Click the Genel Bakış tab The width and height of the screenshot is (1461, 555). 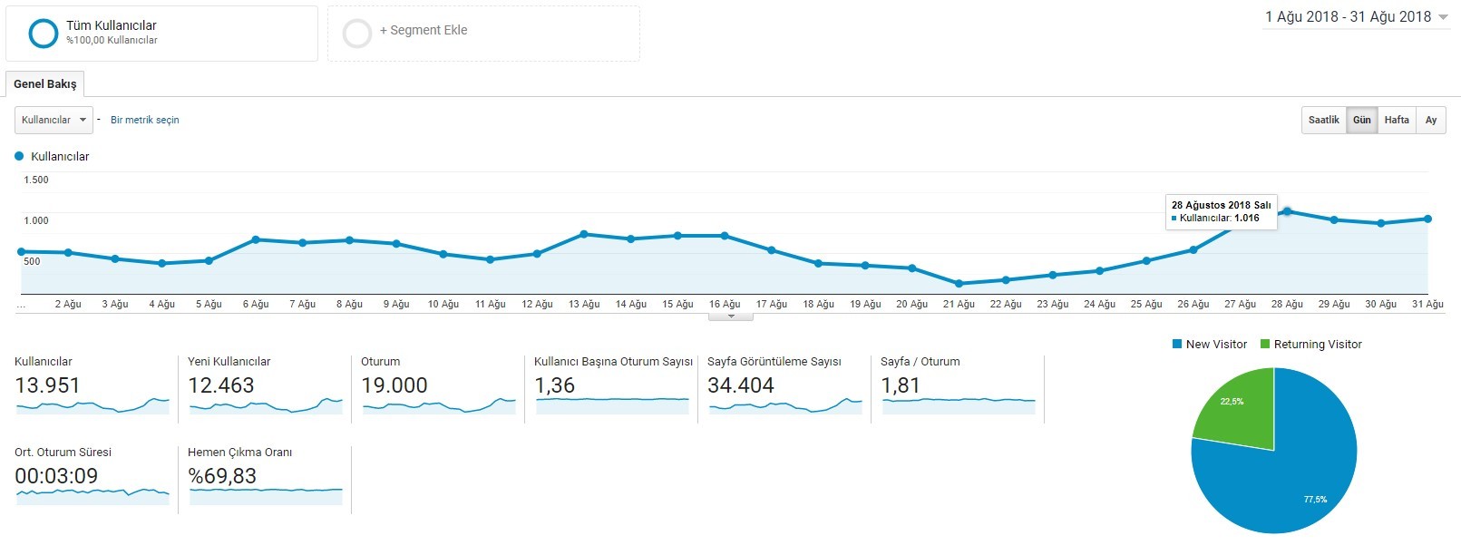(x=45, y=84)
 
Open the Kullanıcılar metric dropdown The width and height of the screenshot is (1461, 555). (x=54, y=120)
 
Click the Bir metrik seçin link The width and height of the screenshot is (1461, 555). (x=145, y=120)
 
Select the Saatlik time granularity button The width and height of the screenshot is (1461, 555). (x=1323, y=120)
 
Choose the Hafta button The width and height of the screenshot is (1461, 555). (x=1397, y=120)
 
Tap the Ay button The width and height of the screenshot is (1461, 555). (x=1431, y=120)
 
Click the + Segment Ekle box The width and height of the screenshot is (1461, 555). (x=483, y=34)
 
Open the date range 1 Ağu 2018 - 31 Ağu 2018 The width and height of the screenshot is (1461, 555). (x=1355, y=17)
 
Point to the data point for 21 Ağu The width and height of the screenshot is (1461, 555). (x=959, y=284)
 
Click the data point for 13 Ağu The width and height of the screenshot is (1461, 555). (x=584, y=233)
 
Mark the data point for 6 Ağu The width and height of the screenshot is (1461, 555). (x=256, y=239)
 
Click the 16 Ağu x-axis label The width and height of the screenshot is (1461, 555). (x=725, y=304)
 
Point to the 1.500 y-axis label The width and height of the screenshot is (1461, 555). (x=36, y=180)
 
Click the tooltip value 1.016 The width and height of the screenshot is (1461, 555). (x=1246, y=218)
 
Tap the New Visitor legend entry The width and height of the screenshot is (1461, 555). (x=1209, y=345)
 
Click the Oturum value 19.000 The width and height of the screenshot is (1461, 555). (x=394, y=385)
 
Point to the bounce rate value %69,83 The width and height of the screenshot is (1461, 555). (x=222, y=476)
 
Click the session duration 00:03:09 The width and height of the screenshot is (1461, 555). (x=56, y=476)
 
